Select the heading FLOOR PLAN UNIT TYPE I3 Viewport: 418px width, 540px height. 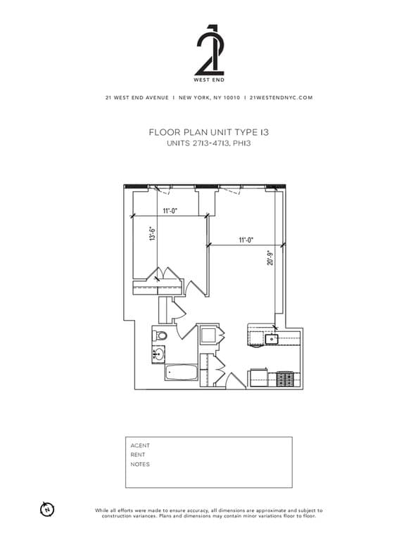coord(209,131)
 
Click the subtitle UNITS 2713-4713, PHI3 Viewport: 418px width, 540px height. coord(209,143)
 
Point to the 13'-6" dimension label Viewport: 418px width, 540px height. coord(150,233)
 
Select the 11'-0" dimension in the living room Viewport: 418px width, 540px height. coord(246,240)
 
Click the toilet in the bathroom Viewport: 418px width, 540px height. coord(160,335)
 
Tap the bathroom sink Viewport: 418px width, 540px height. coord(158,354)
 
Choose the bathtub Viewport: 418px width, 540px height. coord(182,373)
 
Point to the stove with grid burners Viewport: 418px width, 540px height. coord(285,380)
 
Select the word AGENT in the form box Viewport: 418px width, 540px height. coord(140,445)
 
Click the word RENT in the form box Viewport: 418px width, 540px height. coord(138,455)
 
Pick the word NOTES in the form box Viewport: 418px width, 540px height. coord(140,464)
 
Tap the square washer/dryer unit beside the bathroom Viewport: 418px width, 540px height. coord(208,335)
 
